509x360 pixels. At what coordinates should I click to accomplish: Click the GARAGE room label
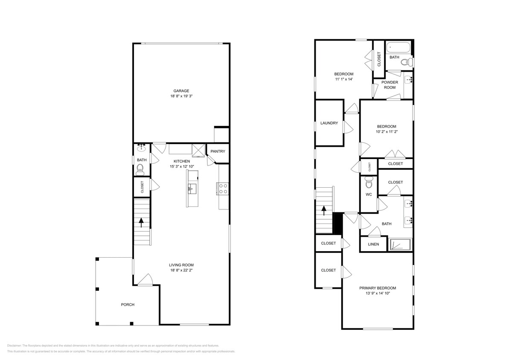coord(181,90)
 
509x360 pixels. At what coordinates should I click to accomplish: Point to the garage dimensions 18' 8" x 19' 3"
coord(181,96)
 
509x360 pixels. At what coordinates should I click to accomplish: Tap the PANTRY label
coord(218,151)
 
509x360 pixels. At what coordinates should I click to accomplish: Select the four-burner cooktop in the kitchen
coord(223,189)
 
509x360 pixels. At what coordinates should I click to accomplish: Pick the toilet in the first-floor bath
coord(140,170)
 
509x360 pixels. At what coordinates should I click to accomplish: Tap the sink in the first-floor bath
coord(141,148)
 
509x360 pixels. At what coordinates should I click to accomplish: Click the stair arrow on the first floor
coord(141,223)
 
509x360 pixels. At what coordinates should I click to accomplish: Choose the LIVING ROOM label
coord(181,264)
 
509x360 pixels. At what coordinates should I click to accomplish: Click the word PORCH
coord(128,305)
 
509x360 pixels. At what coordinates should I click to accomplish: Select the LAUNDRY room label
coord(329,123)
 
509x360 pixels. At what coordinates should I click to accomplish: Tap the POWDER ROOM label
coord(390,84)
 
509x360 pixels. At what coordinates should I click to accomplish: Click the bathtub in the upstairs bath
coord(398,47)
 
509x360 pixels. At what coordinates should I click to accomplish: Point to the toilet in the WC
coord(369,183)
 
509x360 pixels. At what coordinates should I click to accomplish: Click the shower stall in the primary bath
coord(401,244)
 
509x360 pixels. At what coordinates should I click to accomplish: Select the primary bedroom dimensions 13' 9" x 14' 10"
coord(378,293)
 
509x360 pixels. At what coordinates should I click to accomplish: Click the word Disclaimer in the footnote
coord(15,345)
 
